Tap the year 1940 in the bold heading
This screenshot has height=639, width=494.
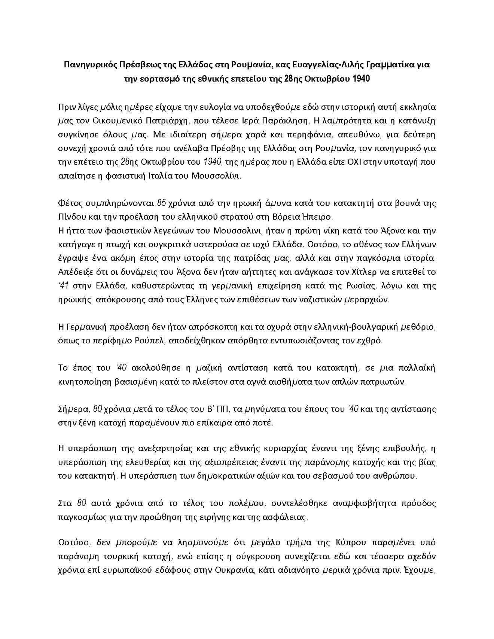tap(361, 79)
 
